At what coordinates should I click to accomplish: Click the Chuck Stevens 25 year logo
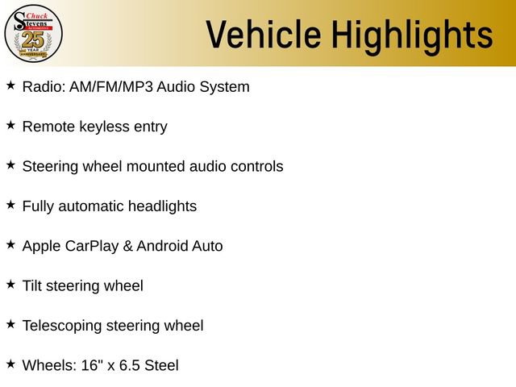tap(33, 34)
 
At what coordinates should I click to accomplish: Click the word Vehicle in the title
tap(264, 35)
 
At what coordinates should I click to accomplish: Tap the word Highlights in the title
tap(412, 37)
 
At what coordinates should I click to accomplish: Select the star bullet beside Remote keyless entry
tap(10, 125)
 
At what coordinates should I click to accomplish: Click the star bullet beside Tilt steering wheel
tap(10, 285)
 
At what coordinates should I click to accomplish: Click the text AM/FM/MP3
tap(111, 87)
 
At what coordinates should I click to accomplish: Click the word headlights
tap(162, 206)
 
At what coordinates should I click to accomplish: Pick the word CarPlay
tap(92, 247)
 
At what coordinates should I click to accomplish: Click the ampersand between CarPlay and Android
tap(127, 246)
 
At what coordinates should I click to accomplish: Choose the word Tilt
tap(32, 285)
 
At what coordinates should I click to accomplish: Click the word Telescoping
tap(62, 326)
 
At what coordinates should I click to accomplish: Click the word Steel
tap(161, 365)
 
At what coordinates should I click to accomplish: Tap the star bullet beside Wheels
tap(10, 364)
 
